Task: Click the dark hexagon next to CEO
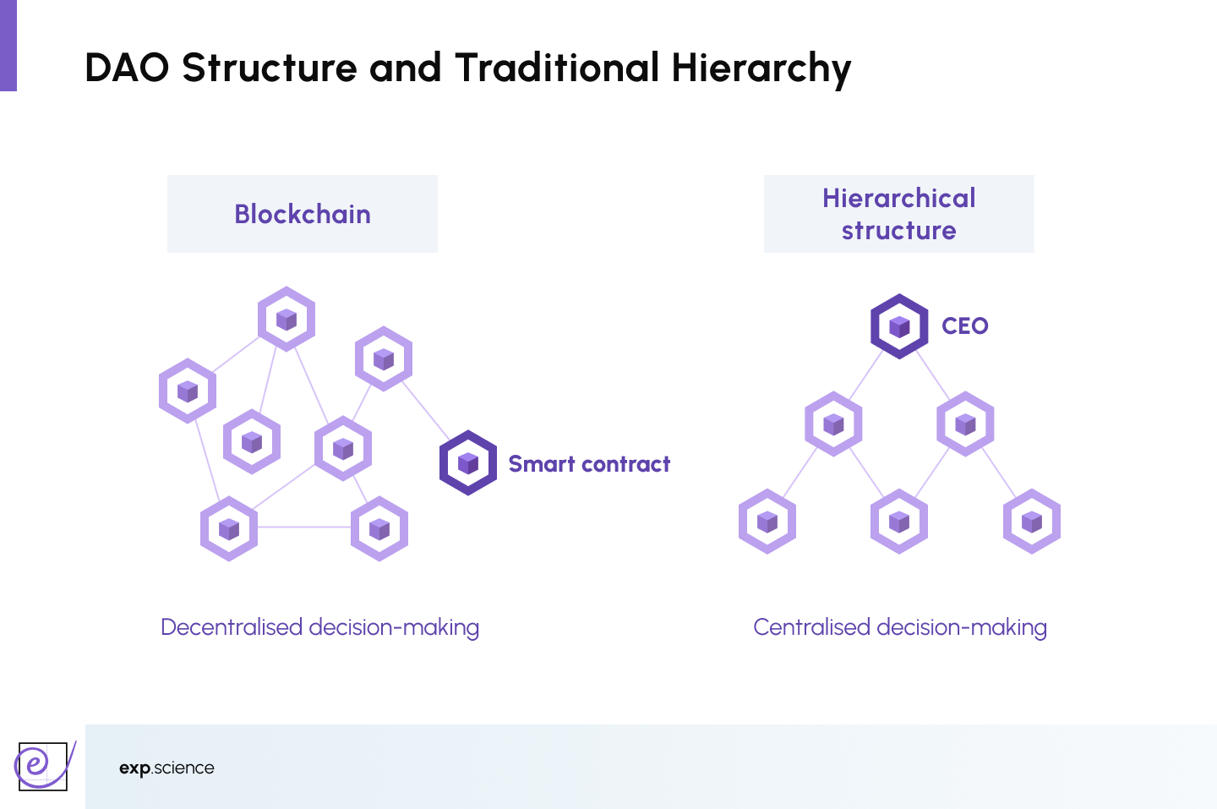(899, 326)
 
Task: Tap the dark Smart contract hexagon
(467, 463)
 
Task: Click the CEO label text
(964, 326)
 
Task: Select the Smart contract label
(589, 464)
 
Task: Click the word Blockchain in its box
(303, 215)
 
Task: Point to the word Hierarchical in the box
(898, 199)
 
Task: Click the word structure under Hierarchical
(898, 231)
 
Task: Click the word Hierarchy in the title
(761, 68)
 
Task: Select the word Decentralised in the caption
(232, 627)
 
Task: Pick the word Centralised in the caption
(811, 627)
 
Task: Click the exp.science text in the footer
(166, 768)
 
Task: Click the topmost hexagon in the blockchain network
(287, 319)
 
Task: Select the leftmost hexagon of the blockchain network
(188, 391)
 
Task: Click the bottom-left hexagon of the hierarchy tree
(767, 522)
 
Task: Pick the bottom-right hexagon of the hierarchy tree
(1032, 522)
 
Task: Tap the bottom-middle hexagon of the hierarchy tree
(899, 522)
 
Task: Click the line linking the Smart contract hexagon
(425, 411)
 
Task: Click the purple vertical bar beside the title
(8, 46)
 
